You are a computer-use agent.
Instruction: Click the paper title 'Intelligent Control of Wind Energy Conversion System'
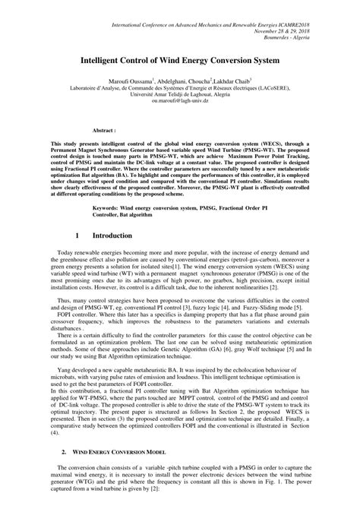pyautogui.click(x=180, y=58)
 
